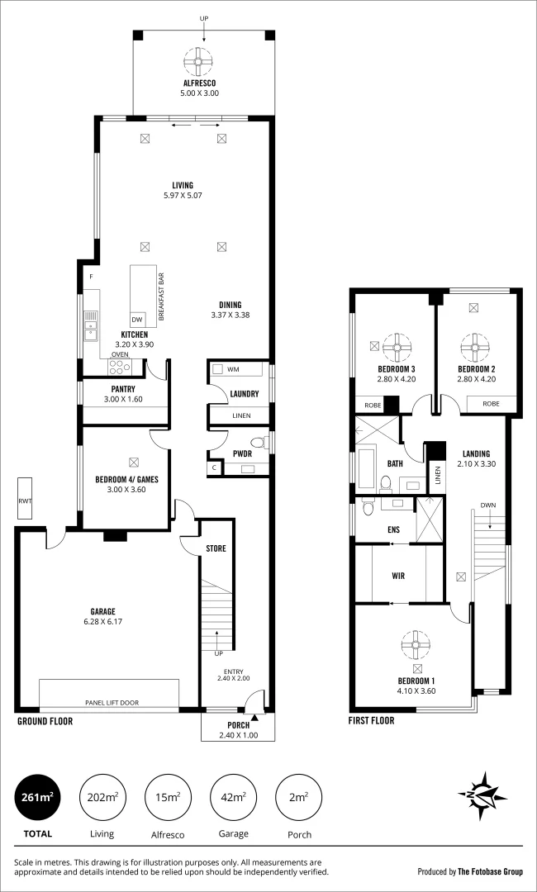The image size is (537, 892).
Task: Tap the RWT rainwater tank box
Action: (25, 500)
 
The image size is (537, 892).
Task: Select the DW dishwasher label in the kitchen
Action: (137, 319)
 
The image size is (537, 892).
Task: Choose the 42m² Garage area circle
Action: (232, 797)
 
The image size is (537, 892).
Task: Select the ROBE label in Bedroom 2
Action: (491, 404)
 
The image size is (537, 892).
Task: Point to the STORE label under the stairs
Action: (215, 548)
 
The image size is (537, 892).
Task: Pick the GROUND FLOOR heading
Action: (45, 721)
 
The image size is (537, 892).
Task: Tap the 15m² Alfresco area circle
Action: (168, 797)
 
